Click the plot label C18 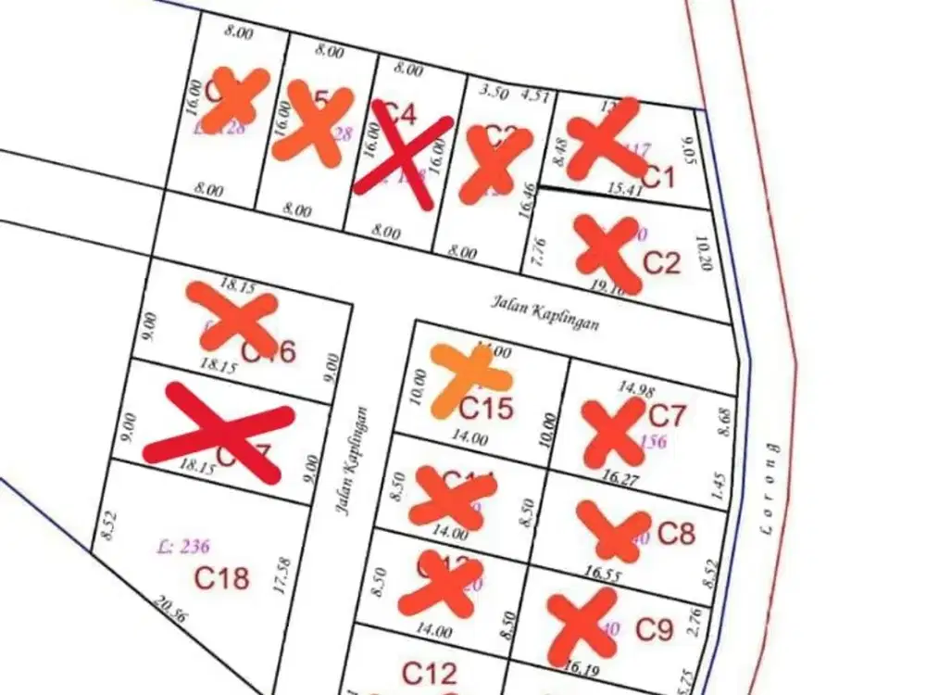221,578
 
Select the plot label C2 661,262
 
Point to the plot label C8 675,533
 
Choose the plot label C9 654,630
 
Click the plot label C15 486,407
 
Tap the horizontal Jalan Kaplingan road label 544,313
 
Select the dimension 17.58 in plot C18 283,575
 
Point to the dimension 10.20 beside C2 706,252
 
